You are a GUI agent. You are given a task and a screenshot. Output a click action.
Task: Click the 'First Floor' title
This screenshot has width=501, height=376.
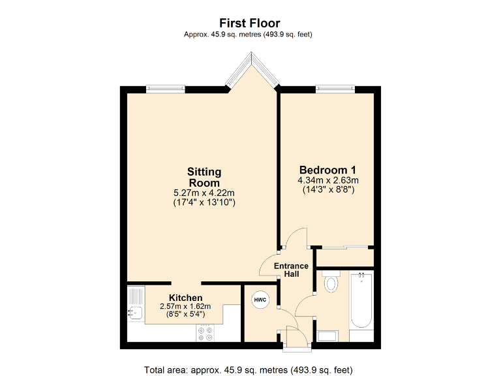[250, 23]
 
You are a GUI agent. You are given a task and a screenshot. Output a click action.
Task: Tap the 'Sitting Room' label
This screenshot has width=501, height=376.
[204, 177]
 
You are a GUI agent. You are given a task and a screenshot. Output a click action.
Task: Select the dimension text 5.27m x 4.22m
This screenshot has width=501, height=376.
[204, 193]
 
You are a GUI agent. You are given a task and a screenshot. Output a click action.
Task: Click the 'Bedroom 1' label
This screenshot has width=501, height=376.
[327, 169]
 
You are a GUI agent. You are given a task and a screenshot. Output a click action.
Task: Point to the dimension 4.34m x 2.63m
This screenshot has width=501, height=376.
[328, 180]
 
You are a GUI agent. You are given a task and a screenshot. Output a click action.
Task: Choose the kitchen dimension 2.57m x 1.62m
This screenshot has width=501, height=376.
[186, 307]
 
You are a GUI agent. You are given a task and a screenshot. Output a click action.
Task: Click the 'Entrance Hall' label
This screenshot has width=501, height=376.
[290, 270]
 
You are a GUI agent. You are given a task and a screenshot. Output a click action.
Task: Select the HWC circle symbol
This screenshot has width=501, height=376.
[260, 300]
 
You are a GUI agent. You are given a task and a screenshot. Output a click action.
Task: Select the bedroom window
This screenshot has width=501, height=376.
[335, 89]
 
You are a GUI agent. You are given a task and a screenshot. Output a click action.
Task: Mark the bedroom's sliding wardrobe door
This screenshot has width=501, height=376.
[344, 247]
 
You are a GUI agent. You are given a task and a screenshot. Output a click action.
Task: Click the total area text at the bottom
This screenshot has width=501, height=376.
[250, 369]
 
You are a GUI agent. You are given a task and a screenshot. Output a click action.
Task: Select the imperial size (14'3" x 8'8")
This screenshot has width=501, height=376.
[328, 191]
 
